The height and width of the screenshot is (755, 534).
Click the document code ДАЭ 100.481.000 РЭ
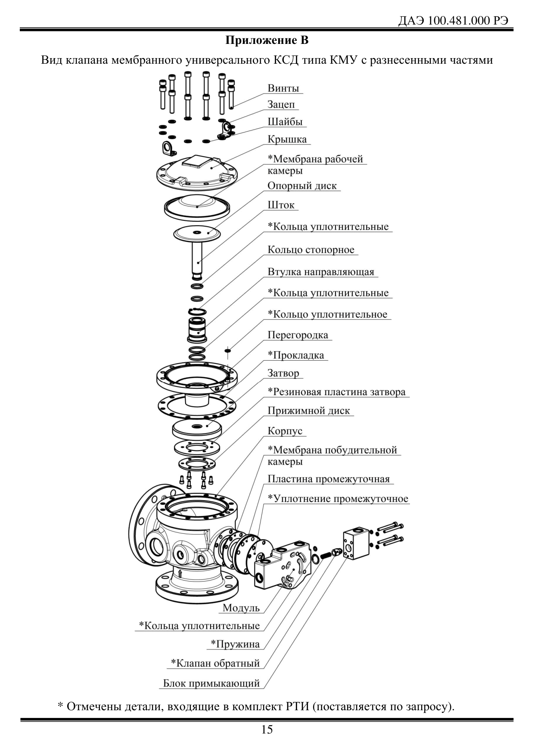click(x=456, y=21)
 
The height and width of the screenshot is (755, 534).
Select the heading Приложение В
click(x=267, y=41)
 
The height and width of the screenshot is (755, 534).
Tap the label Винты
click(x=283, y=88)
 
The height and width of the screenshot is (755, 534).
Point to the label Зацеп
click(x=281, y=105)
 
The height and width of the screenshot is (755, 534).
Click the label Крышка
click(x=287, y=139)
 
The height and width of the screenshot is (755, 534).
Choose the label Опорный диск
click(x=302, y=186)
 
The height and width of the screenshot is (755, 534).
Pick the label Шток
click(x=281, y=205)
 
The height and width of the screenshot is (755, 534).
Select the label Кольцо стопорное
click(x=311, y=250)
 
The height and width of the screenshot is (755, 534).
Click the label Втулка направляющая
click(x=321, y=272)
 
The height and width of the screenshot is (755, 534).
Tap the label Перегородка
click(x=298, y=335)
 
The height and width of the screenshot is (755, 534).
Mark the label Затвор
click(x=283, y=373)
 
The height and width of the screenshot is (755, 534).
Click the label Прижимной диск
click(x=309, y=411)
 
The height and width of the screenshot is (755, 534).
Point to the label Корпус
click(x=285, y=431)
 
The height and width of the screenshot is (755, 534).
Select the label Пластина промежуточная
click(x=329, y=479)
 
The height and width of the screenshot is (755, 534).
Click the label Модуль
click(x=241, y=608)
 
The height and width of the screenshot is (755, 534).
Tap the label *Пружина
click(x=235, y=644)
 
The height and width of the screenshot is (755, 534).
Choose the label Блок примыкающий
click(x=211, y=683)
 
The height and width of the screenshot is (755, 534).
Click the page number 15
click(x=267, y=730)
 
